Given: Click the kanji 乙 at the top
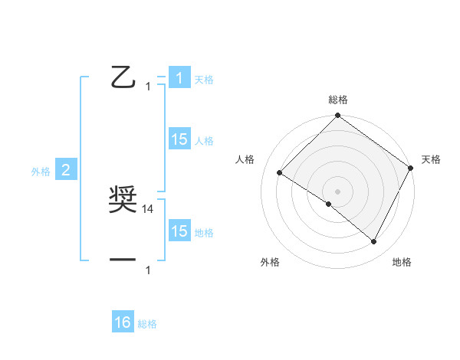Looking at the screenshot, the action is click(123, 77).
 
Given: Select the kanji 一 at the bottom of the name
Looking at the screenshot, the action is click(123, 260).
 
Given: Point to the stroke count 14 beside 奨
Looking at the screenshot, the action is click(149, 208).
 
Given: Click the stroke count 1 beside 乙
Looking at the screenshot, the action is click(148, 87).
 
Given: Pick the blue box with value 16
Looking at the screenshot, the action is click(123, 322).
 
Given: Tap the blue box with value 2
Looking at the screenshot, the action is click(66, 171).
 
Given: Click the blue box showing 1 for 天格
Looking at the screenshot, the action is click(179, 78).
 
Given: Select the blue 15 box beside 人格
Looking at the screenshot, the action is click(179, 139).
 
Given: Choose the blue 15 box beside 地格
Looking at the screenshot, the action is click(179, 231).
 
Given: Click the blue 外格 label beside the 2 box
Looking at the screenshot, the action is click(41, 172).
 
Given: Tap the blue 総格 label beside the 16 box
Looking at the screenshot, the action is click(147, 324).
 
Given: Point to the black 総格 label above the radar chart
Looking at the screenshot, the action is click(338, 100).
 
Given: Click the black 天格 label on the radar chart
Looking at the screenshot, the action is click(432, 159).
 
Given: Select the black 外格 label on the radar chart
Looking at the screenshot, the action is click(270, 263).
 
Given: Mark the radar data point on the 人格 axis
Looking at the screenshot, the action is click(279, 172).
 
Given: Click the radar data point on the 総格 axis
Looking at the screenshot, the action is click(337, 116).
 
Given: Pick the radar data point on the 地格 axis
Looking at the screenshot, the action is click(374, 242).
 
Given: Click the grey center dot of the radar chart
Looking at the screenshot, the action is click(337, 191).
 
